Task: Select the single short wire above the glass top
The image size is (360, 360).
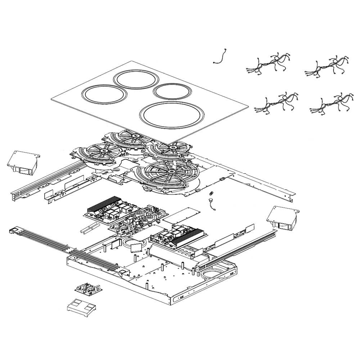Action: [221, 57]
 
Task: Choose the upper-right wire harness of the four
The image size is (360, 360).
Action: [327, 65]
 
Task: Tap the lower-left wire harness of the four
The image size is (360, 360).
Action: [276, 103]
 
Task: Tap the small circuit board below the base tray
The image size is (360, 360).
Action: [89, 288]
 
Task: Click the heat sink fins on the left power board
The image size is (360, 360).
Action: [103, 204]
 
